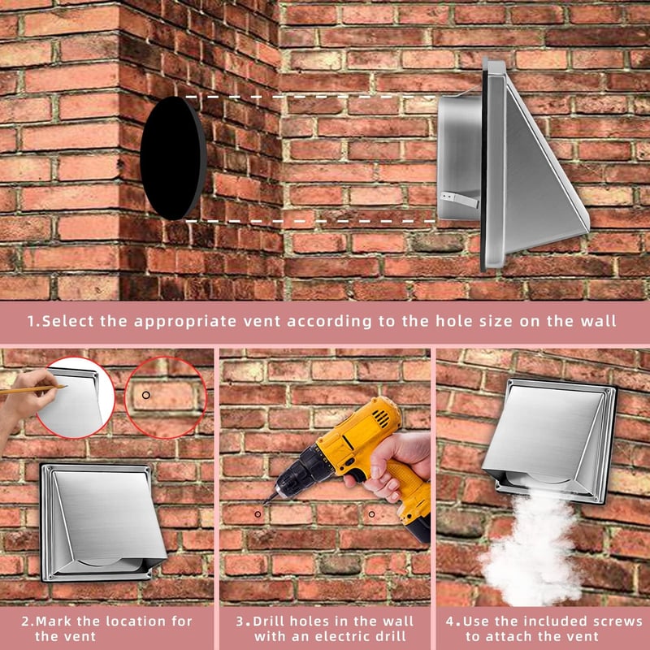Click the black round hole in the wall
pyautogui.click(x=173, y=158)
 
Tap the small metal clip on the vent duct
pyautogui.click(x=459, y=199)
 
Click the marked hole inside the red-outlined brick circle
pyautogui.click(x=146, y=395)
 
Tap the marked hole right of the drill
pyautogui.click(x=371, y=514)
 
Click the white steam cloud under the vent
pyautogui.click(x=531, y=547)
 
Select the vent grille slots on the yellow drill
pyautogui.click(x=381, y=418)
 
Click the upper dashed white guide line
pyautogui.click(x=310, y=97)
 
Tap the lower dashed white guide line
pyautogui.click(x=310, y=221)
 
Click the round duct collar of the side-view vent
pyautogui.click(x=459, y=157)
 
